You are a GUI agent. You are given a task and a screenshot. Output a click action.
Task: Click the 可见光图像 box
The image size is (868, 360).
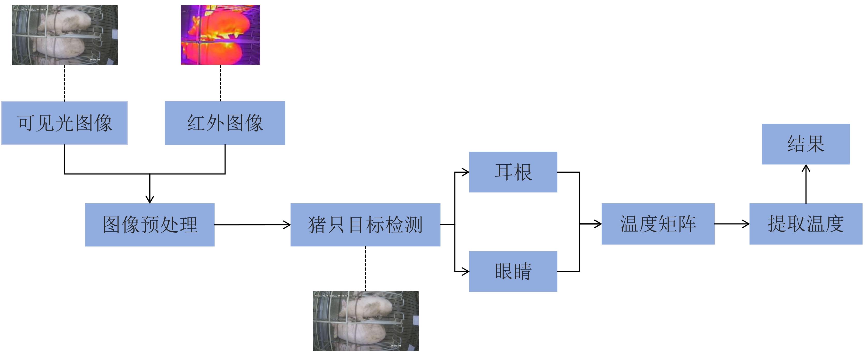coord(64,123)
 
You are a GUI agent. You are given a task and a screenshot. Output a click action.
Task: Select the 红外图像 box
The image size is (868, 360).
coord(225,123)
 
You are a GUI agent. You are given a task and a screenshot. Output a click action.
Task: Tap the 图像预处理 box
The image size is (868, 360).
coord(149,225)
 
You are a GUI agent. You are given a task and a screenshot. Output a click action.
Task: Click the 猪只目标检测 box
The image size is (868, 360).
coord(365,225)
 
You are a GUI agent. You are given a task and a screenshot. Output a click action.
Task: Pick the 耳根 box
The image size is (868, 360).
coord(513,172)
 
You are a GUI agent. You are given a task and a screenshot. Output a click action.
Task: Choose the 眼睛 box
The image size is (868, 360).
coord(513,271)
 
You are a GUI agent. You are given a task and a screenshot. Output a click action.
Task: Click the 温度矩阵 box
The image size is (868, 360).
coord(658,224)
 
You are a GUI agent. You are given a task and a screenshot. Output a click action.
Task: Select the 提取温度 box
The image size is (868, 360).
coord(806,224)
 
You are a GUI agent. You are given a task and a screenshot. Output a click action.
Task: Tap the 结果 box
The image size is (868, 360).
coord(806,144)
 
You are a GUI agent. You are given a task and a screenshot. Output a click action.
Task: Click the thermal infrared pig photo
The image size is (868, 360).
coord(220,35)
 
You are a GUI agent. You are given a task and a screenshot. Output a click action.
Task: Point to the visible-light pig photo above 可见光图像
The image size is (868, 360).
coord(64,35)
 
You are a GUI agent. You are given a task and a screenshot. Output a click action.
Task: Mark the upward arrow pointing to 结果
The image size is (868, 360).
coord(806,184)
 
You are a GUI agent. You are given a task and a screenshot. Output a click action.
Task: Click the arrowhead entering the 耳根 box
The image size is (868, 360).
coord(466,172)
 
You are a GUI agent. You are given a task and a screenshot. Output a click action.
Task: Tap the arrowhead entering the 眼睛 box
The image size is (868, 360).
coord(466,271)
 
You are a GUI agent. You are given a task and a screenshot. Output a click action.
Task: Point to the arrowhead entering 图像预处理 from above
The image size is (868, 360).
coord(149,199)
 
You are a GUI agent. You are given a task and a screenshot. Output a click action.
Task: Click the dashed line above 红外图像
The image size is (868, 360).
coord(220,83)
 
